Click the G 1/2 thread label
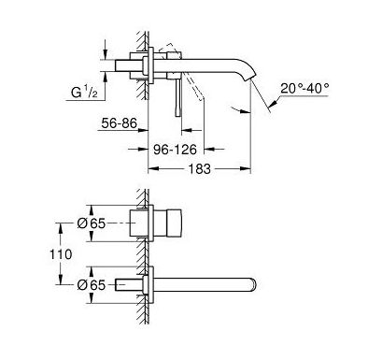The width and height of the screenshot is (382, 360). pos(84,93)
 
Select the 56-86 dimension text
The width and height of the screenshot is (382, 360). pos(120,123)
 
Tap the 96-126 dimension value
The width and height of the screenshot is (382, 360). pos(176,150)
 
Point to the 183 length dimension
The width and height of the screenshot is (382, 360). pos(200,169)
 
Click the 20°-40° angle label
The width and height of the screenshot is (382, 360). pos(304,89)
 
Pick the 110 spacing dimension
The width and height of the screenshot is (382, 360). pos(61,254)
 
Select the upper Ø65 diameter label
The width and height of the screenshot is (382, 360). pos(92,223)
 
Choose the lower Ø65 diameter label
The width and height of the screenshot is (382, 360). pos(92,285)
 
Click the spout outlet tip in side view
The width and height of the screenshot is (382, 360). pos(253,78)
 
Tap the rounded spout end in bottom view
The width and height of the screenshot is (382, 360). pos(255,284)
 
